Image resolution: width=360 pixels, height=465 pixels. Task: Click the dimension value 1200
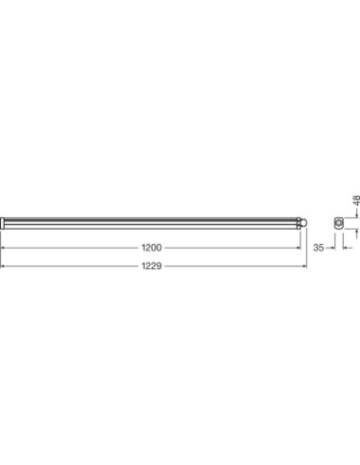click(x=151, y=248)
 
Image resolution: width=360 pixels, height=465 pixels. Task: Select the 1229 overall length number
click(x=151, y=266)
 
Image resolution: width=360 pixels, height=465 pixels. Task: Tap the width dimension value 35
click(x=318, y=248)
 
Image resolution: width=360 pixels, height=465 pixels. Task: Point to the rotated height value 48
click(x=356, y=200)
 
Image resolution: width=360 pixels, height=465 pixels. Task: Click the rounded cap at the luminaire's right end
click(x=304, y=223)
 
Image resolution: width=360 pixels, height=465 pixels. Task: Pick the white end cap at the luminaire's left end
click(x=2, y=223)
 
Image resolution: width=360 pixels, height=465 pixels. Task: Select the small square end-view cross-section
click(x=339, y=223)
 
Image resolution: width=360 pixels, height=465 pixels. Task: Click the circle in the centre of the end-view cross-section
click(x=339, y=223)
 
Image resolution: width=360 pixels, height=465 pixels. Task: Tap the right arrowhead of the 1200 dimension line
click(x=299, y=248)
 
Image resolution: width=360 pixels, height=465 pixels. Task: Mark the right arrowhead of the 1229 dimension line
click(x=304, y=267)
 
